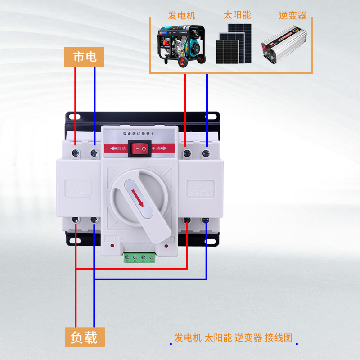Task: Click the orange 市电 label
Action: (84, 57)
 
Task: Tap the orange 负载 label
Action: (84, 337)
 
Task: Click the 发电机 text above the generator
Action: (182, 15)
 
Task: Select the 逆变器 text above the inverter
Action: (292, 16)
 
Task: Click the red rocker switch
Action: (138, 148)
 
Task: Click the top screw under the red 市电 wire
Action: (76, 153)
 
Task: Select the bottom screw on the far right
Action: (206, 220)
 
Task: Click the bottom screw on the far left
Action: (76, 220)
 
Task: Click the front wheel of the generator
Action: (182, 62)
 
